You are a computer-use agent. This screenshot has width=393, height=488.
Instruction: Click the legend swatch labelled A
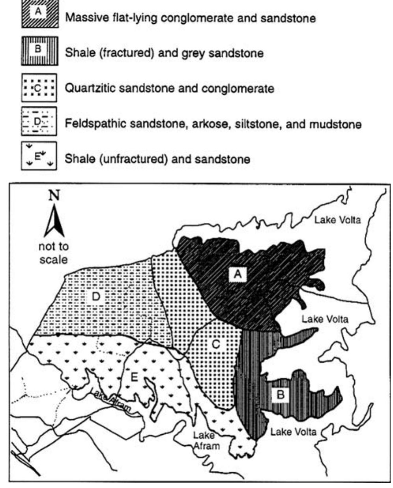pyautogui.click(x=39, y=15)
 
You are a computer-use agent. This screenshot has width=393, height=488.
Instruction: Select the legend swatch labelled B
pyautogui.click(x=39, y=51)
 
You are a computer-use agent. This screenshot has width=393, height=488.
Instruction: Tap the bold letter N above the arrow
pyautogui.click(x=54, y=196)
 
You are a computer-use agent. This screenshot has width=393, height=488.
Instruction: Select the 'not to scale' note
pyautogui.click(x=54, y=253)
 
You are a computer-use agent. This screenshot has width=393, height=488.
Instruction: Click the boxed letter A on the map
pyautogui.click(x=237, y=273)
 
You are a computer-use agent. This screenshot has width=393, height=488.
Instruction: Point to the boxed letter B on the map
pyautogui.click(x=281, y=394)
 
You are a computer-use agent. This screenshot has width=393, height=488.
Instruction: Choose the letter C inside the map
pyautogui.click(x=215, y=345)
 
